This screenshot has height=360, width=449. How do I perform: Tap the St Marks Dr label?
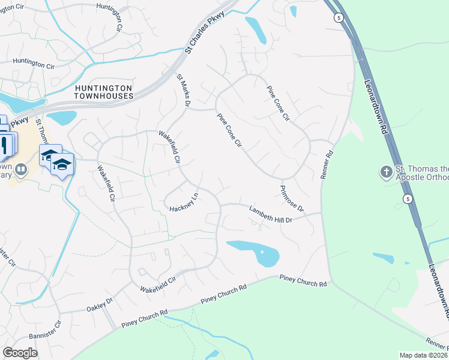pos(183,91)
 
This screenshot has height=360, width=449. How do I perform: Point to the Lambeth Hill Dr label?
pos(270,214)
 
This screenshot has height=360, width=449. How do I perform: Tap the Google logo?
pos(20,352)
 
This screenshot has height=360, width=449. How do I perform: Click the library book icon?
pos(21,170)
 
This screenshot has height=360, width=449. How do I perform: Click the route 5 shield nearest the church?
pos(408,199)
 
